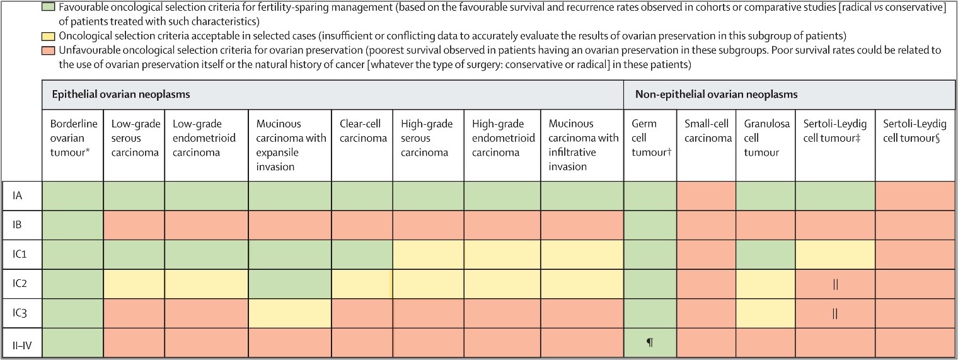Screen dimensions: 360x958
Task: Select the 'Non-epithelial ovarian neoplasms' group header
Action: pyautogui.click(x=716, y=95)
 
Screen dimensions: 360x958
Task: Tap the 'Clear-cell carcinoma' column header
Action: pyautogui.click(x=362, y=131)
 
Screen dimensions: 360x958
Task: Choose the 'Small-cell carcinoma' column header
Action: pyautogui.click(x=706, y=131)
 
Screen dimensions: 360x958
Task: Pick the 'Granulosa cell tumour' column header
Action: pyautogui.click(x=765, y=138)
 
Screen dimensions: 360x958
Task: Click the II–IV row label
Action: pyautogui.click(x=22, y=343)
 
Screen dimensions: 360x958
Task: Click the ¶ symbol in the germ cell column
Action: pyautogui.click(x=649, y=343)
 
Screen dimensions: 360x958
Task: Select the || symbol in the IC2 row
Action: pyautogui.click(x=835, y=284)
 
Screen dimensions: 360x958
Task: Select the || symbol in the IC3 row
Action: pyautogui.click(x=835, y=313)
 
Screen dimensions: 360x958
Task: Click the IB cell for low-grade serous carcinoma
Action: pyautogui.click(x=133, y=225)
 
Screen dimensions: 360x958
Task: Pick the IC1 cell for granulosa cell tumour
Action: pyautogui.click(x=765, y=255)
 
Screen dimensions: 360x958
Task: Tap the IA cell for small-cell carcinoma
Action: pyautogui.click(x=706, y=195)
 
